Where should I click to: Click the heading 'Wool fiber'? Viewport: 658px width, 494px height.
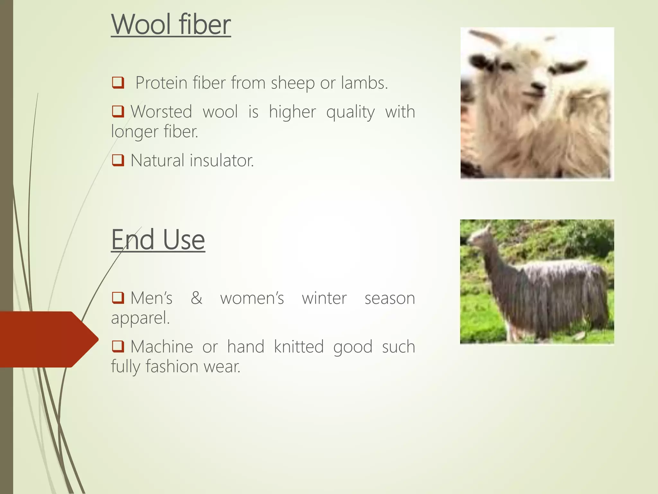point(171,25)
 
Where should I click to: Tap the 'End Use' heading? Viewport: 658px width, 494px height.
point(158,240)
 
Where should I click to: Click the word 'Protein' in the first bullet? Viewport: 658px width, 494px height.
point(161,83)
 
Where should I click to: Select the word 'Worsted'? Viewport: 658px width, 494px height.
point(161,112)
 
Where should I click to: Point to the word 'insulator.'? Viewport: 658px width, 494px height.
point(222,160)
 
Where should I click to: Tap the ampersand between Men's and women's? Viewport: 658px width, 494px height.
point(196,298)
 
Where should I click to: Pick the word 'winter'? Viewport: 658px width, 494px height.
point(324,298)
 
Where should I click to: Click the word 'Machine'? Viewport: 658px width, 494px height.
point(162,347)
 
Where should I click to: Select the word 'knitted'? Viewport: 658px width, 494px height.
point(298,347)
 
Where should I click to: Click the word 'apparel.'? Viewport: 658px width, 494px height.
point(140,318)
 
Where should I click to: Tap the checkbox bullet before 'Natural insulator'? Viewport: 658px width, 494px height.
point(118,160)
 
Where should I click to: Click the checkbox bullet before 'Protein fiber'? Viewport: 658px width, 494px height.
point(118,83)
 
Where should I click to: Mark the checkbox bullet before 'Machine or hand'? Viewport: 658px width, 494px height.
point(118,346)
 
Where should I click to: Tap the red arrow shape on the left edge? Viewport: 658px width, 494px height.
point(48,339)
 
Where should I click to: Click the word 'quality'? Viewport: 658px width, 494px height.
point(350,112)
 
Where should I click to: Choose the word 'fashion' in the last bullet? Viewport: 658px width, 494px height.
point(172,367)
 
